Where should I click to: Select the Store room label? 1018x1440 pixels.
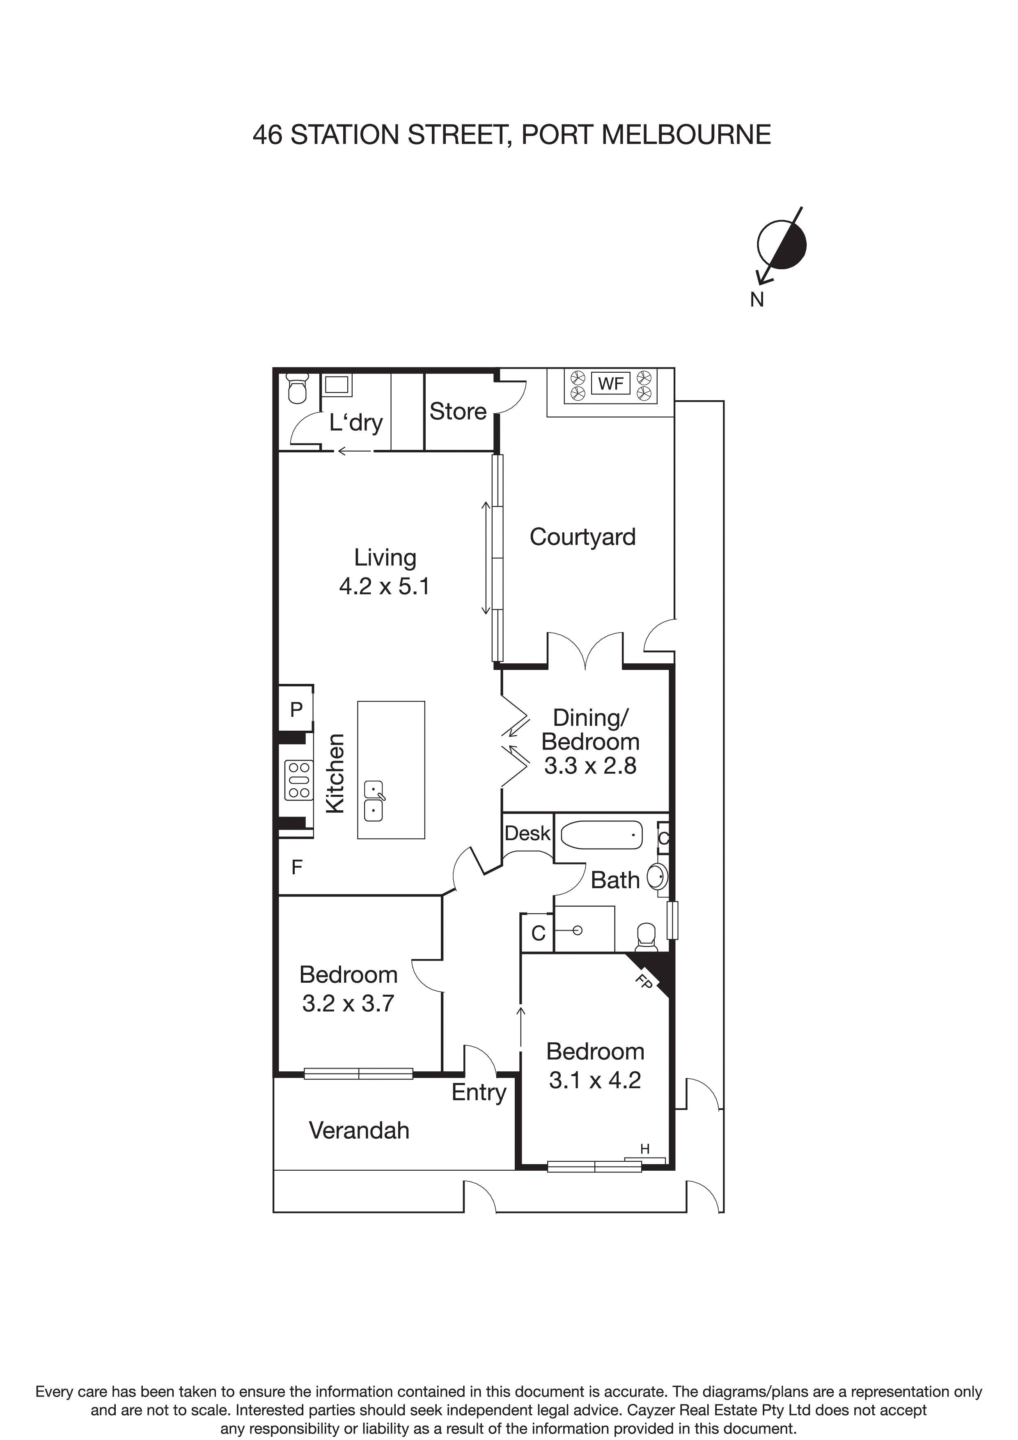coord(458,411)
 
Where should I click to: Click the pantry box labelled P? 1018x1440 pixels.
coord(296,709)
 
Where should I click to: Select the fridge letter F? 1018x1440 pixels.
coord(297,867)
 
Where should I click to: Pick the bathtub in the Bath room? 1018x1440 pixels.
coord(601,835)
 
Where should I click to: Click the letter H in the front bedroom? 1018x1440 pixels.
coord(645,1149)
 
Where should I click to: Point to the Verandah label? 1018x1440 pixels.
coord(359,1130)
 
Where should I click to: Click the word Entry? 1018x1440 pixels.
coord(479,1092)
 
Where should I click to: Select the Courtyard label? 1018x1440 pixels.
coord(582,537)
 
